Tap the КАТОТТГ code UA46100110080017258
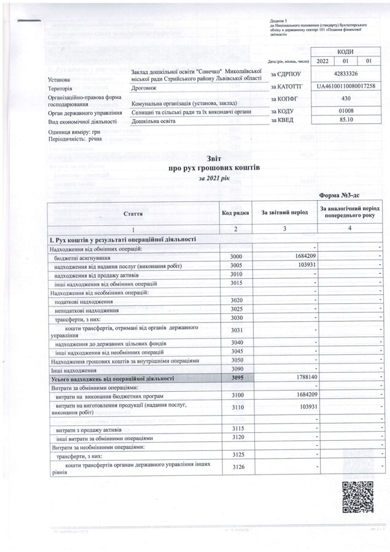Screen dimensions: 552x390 (x=345, y=86)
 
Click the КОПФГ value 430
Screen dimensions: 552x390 (x=345, y=98)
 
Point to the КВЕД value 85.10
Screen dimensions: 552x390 (x=345, y=122)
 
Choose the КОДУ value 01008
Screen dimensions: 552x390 (x=345, y=111)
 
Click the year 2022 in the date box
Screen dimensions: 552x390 (x=323, y=62)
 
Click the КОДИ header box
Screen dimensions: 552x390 (x=345, y=51)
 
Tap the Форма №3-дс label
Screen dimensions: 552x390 (x=348, y=195)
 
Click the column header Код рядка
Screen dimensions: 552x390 (x=235, y=212)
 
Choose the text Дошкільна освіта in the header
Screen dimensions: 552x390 (x=154, y=122)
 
